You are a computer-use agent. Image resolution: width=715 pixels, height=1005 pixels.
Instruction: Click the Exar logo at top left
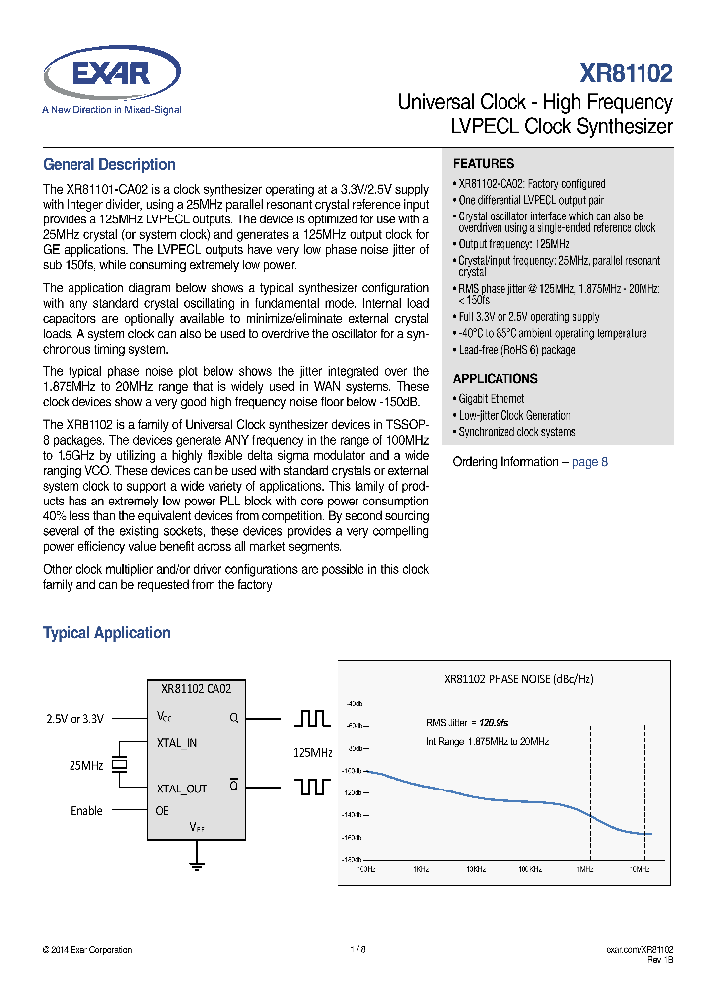(x=111, y=77)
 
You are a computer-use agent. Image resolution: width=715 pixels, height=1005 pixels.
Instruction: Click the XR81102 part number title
(x=626, y=73)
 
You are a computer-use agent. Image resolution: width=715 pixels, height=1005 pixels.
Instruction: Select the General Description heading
(x=109, y=165)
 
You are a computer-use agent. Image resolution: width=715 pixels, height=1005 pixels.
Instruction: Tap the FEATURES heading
(x=484, y=163)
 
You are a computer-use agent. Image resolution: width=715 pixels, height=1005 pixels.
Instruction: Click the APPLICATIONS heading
(x=496, y=378)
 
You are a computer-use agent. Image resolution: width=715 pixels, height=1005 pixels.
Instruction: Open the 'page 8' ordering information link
(x=590, y=462)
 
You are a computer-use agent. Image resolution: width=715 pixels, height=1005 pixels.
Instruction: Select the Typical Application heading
(x=106, y=633)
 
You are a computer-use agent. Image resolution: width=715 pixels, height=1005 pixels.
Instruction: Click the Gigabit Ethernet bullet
(x=492, y=399)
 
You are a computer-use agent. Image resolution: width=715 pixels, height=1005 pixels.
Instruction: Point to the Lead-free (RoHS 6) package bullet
(x=516, y=350)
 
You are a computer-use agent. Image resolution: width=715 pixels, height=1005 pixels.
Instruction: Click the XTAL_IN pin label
(x=177, y=742)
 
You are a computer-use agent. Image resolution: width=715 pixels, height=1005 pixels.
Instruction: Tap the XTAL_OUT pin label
(x=182, y=789)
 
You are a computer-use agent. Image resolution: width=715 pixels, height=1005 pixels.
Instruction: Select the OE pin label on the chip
(x=163, y=811)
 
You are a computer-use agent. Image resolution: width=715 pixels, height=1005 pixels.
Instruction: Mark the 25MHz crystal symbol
(x=120, y=765)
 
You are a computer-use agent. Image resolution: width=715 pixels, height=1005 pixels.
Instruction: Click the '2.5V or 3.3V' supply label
(x=74, y=718)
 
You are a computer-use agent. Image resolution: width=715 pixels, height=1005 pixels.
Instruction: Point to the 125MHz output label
(x=313, y=753)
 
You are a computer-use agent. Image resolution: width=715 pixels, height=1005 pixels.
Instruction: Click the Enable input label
(x=86, y=811)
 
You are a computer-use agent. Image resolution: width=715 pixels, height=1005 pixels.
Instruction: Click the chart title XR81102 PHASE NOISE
(x=518, y=679)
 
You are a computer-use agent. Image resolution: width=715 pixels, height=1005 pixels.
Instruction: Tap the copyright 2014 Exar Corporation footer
(x=87, y=950)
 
